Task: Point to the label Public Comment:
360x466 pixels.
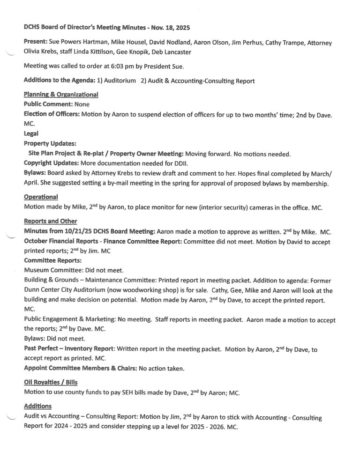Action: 48,104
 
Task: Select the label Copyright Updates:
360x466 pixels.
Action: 52,163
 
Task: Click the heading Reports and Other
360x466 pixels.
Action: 51,222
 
